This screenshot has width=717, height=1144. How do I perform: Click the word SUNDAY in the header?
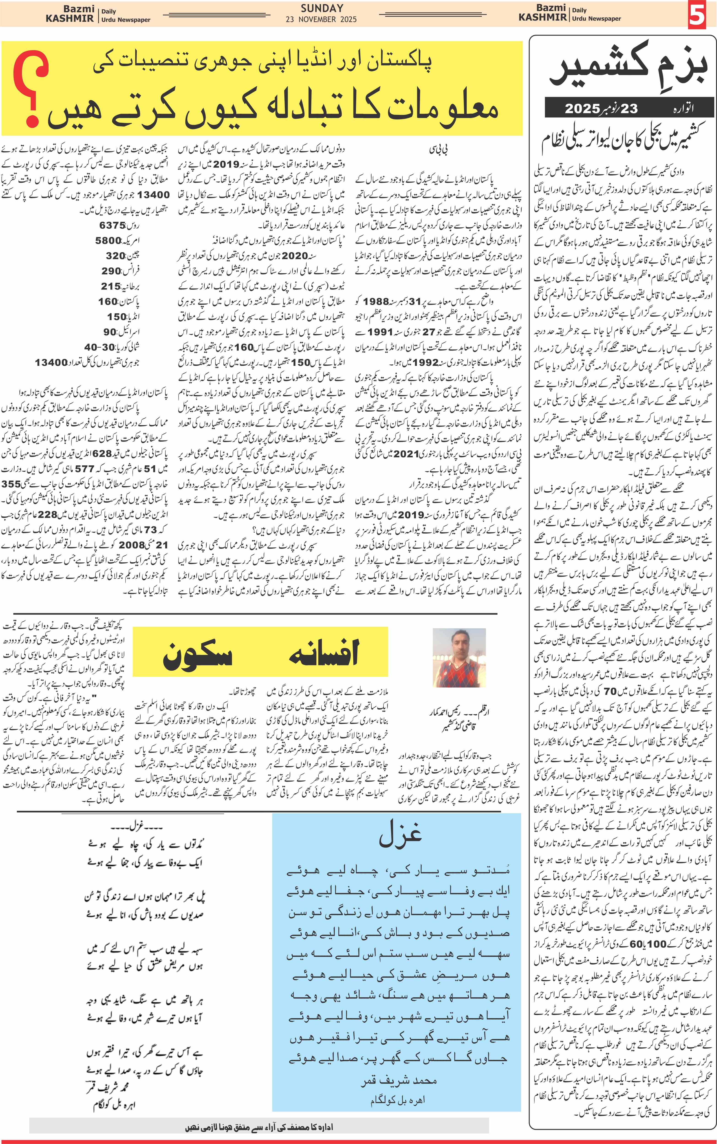pyautogui.click(x=321, y=8)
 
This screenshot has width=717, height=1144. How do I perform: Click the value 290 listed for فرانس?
pyautogui.click(x=111, y=271)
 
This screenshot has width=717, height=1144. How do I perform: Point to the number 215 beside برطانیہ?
pyautogui.click(x=111, y=286)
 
